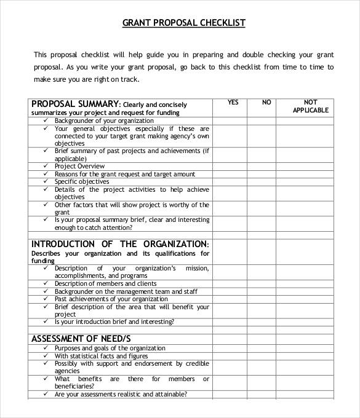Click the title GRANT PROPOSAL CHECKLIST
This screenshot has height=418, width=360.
184,23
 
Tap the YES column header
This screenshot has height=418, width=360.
233,103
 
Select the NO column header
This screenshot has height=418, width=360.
266,103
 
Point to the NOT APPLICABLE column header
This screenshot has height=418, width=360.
311,106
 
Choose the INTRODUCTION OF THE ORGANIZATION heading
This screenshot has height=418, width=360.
120,243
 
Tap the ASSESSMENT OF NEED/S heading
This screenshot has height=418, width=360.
81,339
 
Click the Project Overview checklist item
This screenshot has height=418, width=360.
79,166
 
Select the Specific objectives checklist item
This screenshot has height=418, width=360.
82,181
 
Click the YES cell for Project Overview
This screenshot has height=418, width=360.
230,166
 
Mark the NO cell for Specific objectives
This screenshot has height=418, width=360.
262,181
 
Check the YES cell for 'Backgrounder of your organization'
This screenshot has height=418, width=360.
230,121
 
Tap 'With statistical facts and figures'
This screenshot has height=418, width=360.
101,356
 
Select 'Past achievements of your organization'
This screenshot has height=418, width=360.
110,299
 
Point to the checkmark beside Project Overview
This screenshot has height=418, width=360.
46,166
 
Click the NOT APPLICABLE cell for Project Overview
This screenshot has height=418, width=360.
311,166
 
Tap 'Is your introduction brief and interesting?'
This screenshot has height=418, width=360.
114,321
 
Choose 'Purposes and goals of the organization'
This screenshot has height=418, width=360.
110,349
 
